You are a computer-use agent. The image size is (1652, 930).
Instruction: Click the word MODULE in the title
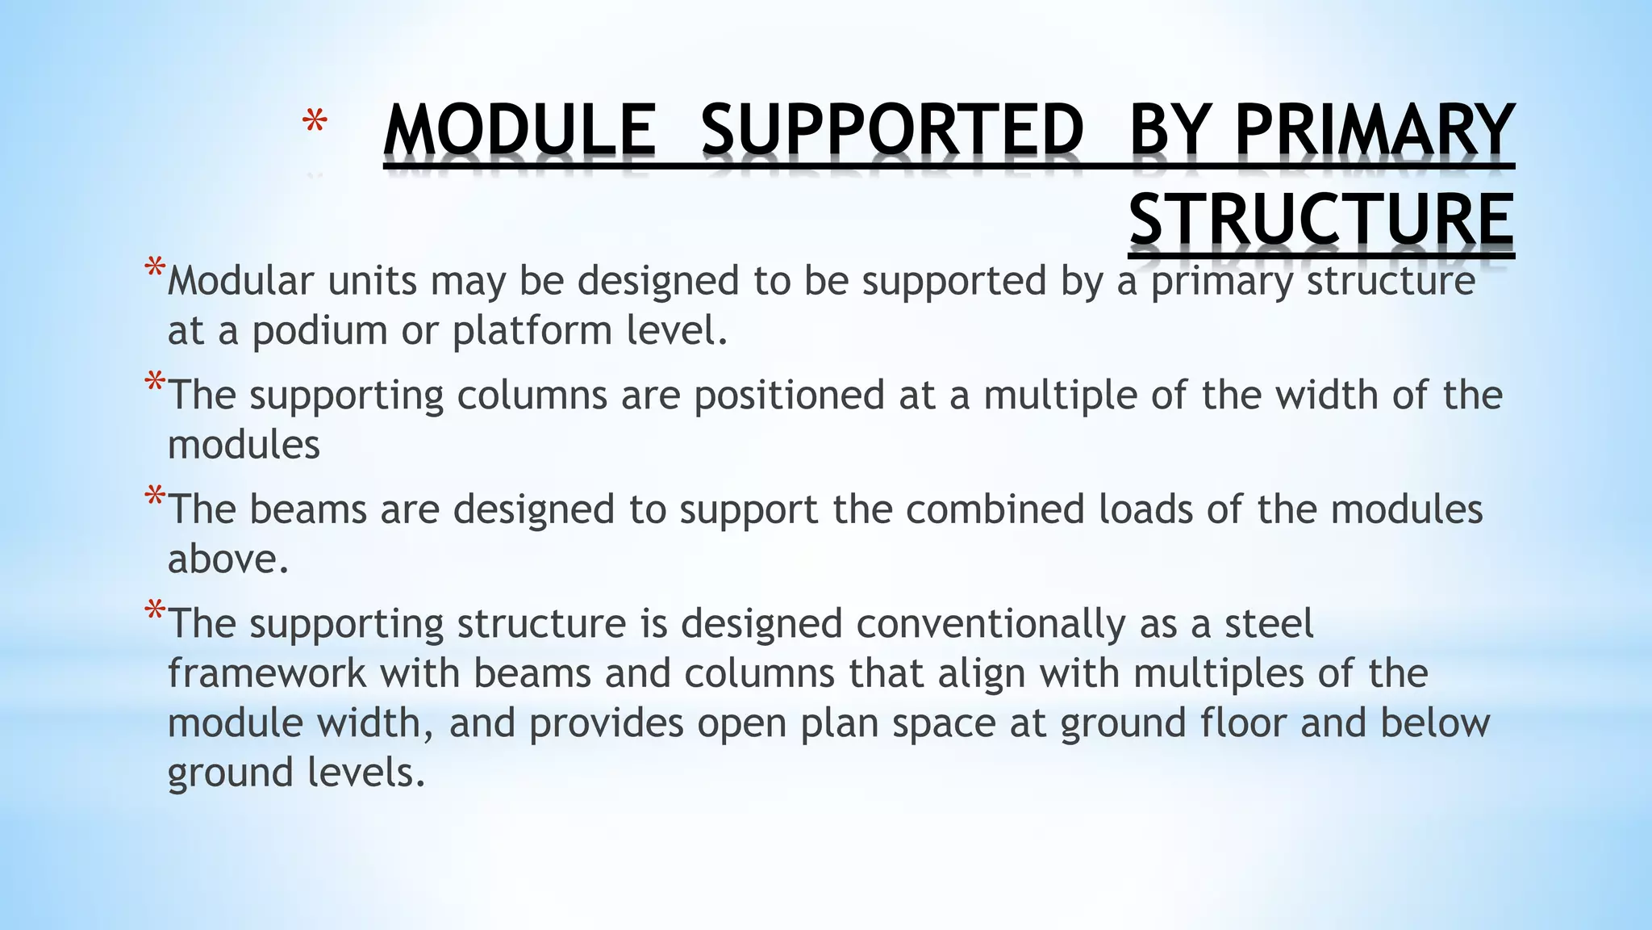pos(519,130)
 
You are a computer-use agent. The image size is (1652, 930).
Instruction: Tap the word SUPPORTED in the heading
pos(892,130)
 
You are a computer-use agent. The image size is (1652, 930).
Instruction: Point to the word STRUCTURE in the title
pos(1320,220)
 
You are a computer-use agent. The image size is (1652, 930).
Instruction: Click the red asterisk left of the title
pos(315,124)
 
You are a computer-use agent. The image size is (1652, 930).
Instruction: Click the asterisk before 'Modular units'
pos(155,270)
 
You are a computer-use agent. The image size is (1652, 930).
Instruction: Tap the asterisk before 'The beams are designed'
pos(155,499)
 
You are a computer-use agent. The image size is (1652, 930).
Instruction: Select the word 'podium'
pos(320,331)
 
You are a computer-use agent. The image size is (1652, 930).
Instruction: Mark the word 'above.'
pos(228,559)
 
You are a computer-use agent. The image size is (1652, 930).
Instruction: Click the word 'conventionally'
pos(990,624)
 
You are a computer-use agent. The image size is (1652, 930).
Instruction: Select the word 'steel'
pos(1269,624)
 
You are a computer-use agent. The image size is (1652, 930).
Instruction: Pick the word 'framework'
pos(267,673)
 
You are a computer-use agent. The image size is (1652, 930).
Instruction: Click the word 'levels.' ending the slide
pos(366,773)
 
